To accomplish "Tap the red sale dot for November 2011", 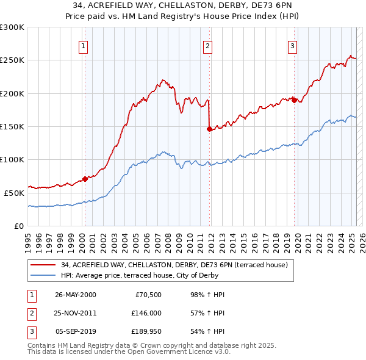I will click(x=209, y=129).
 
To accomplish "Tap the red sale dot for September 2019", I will click(x=294, y=100).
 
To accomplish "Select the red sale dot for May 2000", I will click(x=85, y=179).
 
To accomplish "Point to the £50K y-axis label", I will click(x=14, y=193).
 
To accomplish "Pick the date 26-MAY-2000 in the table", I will click(x=75, y=295).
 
